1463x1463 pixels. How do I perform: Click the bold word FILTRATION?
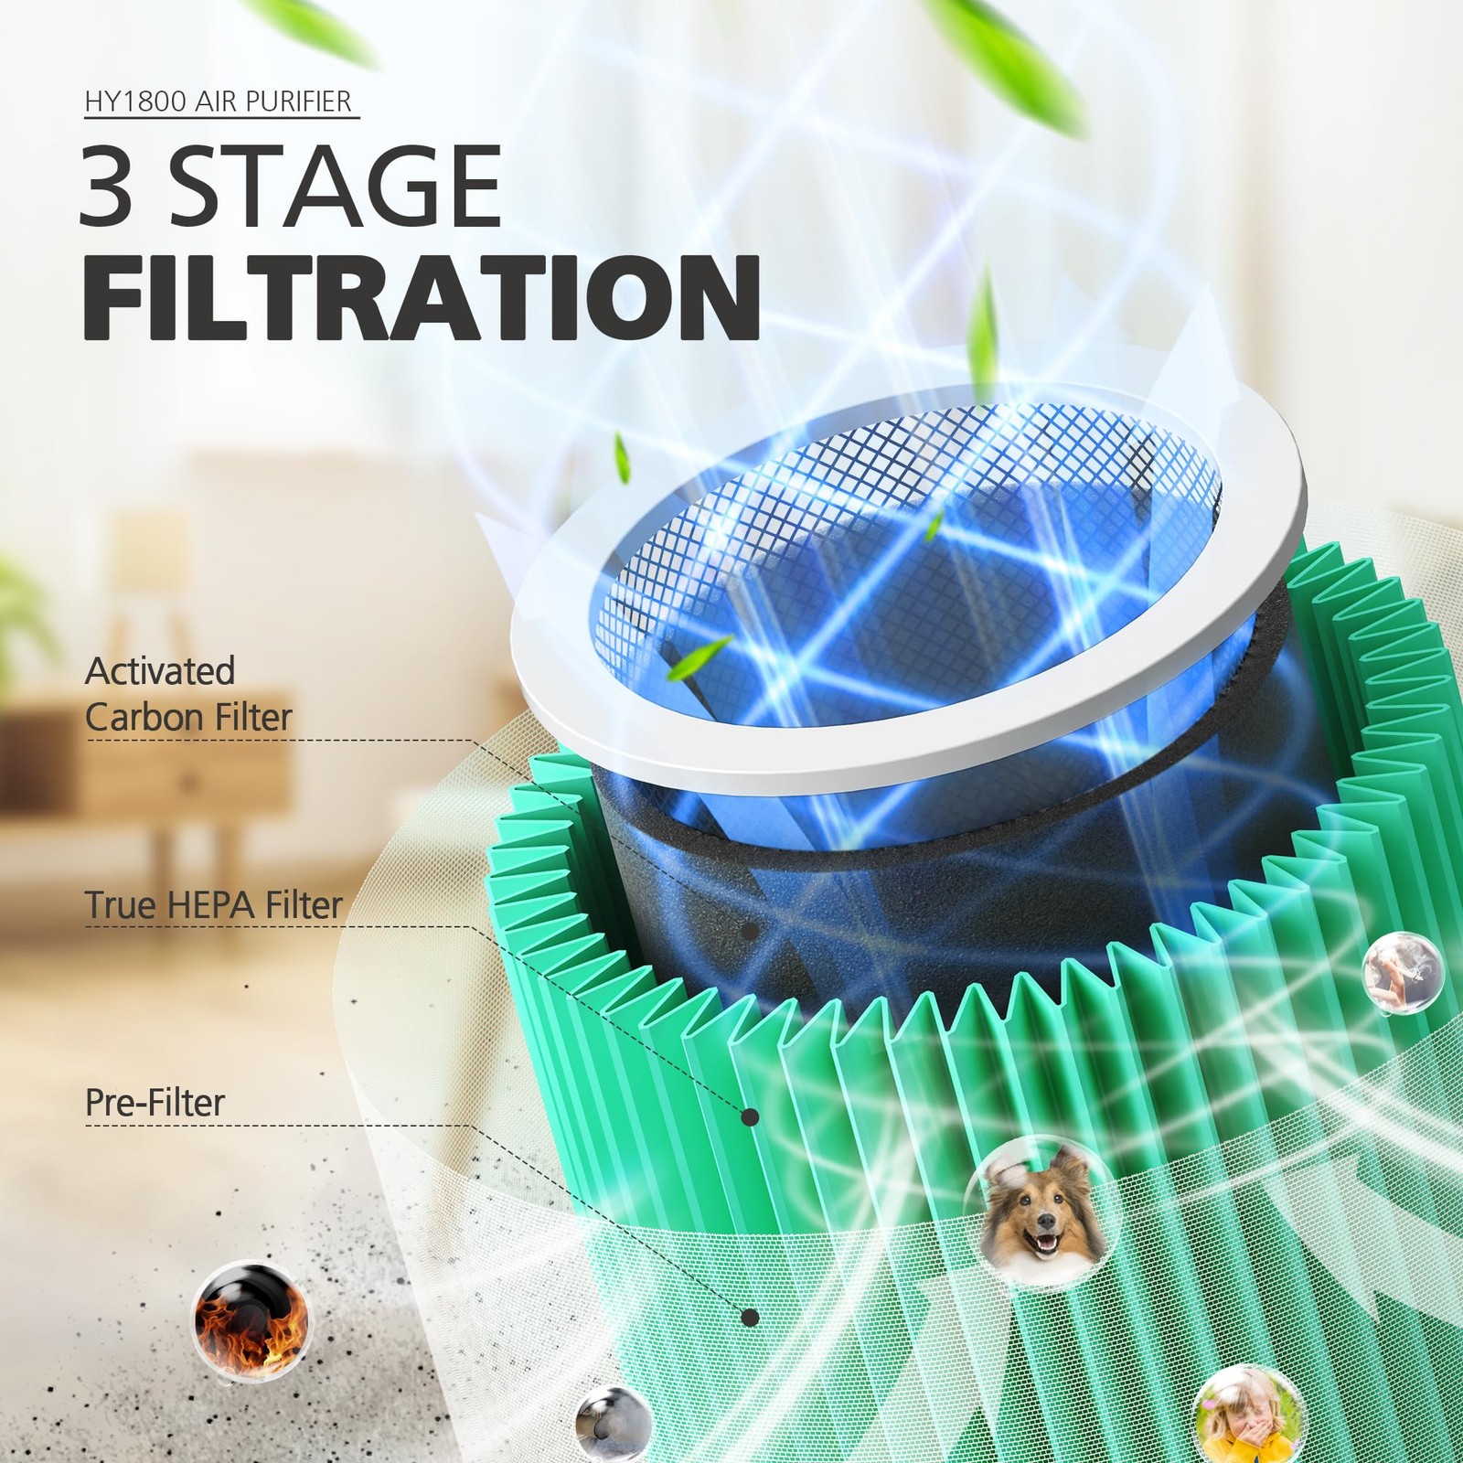pos(422,296)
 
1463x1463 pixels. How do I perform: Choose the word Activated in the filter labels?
pos(160,671)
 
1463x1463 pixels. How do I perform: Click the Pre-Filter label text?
pos(155,1102)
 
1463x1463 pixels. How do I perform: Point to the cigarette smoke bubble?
pos(1403,973)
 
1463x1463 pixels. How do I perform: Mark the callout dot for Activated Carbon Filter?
pos(750,932)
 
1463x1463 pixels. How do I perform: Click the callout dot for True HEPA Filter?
pos(750,1116)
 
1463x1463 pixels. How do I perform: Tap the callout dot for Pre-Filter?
pos(750,1318)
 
